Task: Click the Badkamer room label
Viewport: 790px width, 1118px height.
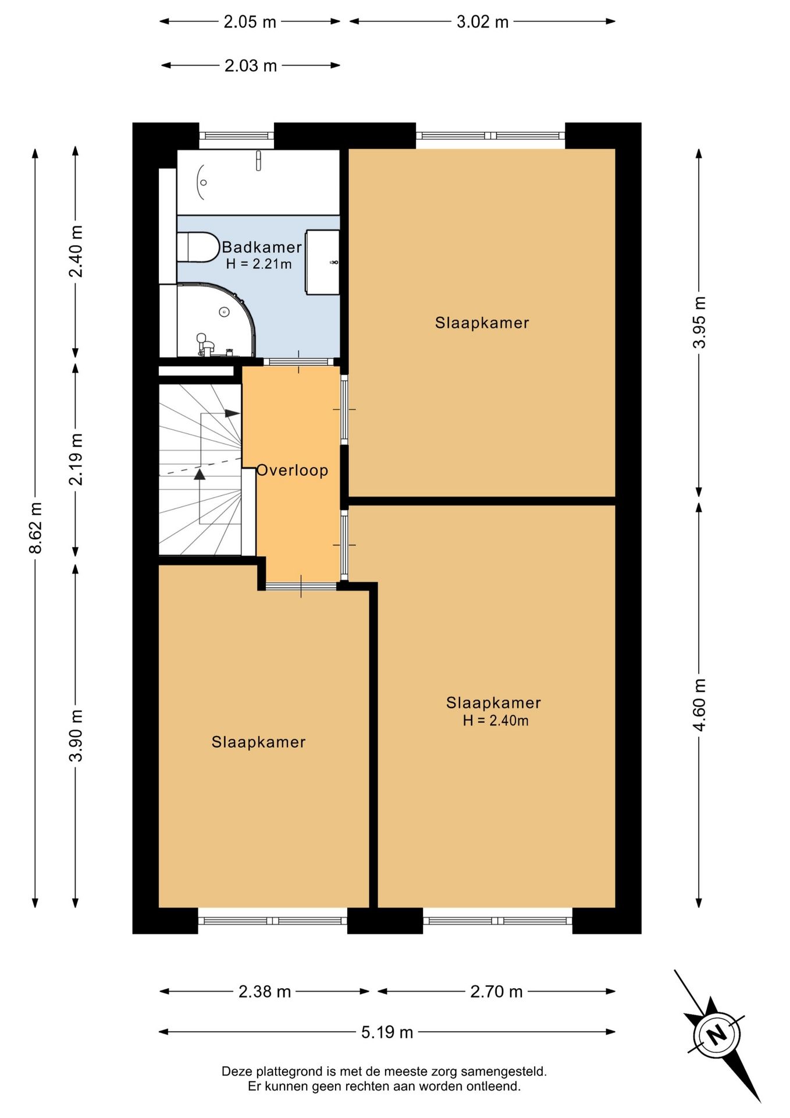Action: (x=262, y=247)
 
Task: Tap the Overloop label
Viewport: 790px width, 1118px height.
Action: (x=292, y=470)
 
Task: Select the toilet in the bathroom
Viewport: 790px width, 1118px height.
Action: (x=197, y=247)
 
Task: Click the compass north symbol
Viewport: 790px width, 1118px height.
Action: (x=717, y=1034)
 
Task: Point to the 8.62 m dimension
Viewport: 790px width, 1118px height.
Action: (x=36, y=528)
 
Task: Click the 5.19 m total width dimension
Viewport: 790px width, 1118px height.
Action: (x=387, y=1032)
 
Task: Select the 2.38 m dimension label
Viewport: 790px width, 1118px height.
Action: (x=265, y=992)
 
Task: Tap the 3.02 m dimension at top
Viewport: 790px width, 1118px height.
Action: (x=482, y=22)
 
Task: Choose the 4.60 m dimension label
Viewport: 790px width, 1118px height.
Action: (x=699, y=705)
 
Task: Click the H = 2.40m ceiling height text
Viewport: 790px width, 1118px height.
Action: (x=496, y=721)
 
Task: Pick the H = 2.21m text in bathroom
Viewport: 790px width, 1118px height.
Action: (x=259, y=264)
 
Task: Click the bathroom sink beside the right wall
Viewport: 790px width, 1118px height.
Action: (x=323, y=262)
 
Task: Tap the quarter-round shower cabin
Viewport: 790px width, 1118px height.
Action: (x=216, y=320)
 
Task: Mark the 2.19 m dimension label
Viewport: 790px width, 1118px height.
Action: (x=76, y=459)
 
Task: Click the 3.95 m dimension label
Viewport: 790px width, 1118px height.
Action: (x=699, y=322)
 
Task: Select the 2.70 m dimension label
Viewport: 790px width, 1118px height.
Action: (x=496, y=992)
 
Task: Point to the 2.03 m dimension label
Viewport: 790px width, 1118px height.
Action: (x=251, y=66)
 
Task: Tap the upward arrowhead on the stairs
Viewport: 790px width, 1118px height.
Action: (x=200, y=474)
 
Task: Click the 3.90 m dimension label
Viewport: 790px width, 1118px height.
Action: (x=76, y=735)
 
